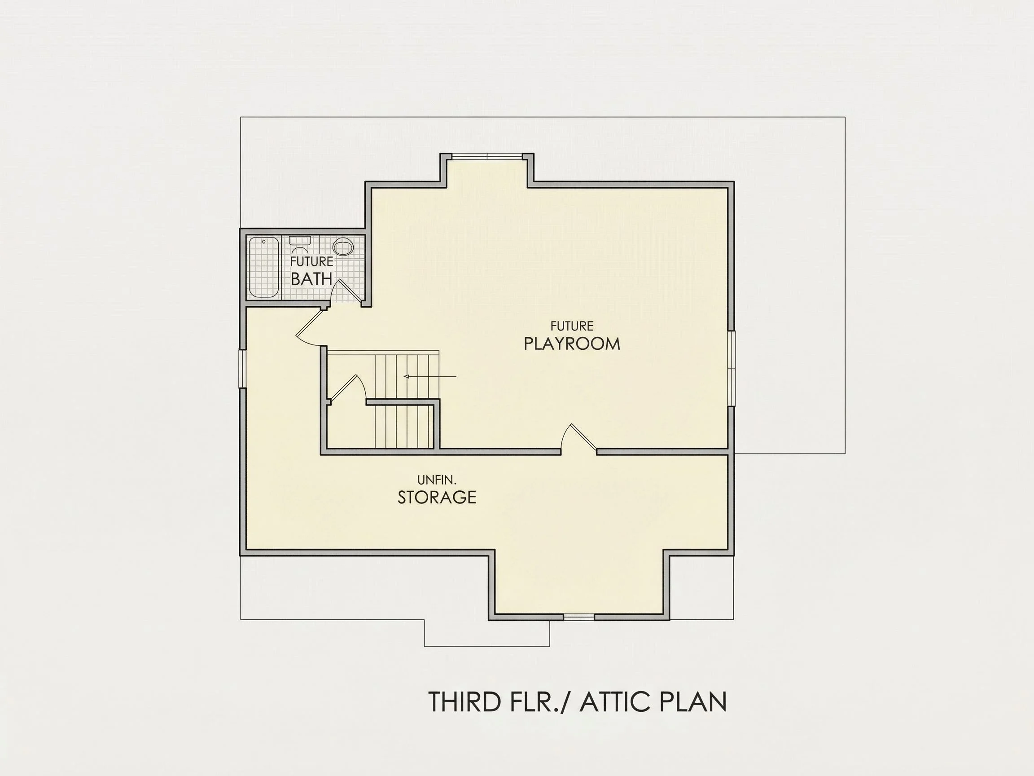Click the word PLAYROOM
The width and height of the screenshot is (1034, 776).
click(x=572, y=344)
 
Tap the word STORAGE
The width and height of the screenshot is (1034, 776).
click(x=437, y=497)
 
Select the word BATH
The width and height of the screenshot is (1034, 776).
click(x=311, y=279)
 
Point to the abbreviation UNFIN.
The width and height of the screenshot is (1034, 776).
click(x=437, y=480)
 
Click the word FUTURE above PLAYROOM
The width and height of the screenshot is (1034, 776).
click(x=572, y=326)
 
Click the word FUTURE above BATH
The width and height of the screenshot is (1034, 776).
click(x=311, y=261)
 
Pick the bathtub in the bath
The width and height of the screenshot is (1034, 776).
click(x=263, y=267)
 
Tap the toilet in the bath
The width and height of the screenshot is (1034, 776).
click(x=300, y=244)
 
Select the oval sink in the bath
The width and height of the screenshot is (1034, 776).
click(x=344, y=247)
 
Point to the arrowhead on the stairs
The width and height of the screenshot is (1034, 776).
click(x=406, y=376)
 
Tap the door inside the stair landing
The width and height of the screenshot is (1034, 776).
click(x=345, y=388)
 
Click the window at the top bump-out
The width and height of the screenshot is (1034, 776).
click(x=487, y=156)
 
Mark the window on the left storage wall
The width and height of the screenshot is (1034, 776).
click(x=243, y=369)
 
